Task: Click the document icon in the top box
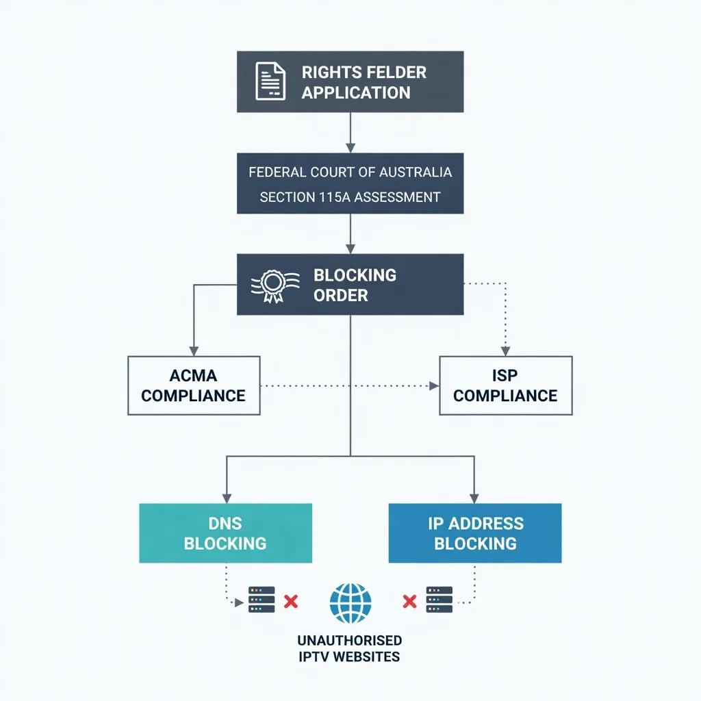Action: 270,81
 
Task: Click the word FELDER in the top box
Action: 396,73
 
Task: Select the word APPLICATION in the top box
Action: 356,92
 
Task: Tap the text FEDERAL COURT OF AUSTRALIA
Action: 350,172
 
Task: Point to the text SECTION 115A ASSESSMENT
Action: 350,197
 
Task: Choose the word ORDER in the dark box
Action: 341,296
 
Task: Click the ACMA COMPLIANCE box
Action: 194,385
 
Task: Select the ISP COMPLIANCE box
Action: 505,385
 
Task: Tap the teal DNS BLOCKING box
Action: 225,533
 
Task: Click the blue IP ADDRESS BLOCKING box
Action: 475,533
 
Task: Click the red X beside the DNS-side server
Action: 291,602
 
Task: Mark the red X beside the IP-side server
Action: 409,602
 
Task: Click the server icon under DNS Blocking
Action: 262,600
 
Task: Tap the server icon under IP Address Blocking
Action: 439,600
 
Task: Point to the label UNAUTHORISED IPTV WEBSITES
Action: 350,648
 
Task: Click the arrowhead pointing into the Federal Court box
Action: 350,147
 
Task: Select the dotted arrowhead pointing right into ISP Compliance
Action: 434,385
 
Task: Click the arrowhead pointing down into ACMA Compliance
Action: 194,350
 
